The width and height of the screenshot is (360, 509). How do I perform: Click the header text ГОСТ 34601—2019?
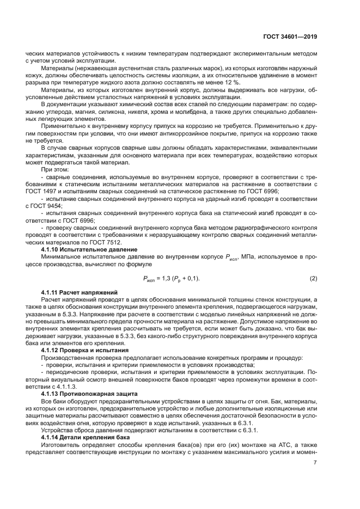[290, 36]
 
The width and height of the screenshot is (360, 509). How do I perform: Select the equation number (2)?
[313, 279]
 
